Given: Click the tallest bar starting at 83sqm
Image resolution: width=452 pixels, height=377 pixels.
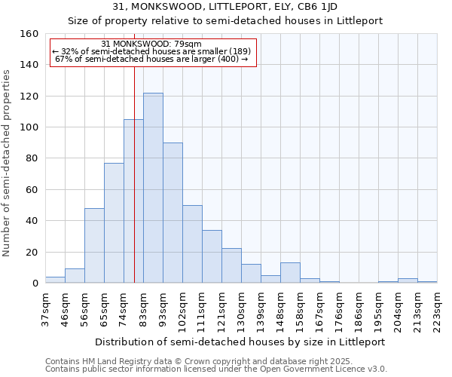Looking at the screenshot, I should coord(153,188).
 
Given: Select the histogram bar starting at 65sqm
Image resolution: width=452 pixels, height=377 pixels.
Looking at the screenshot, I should coord(114,222).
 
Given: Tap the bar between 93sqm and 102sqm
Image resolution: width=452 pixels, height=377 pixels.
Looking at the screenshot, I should coord(173,213).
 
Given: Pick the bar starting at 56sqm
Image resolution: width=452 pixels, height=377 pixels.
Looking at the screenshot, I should coord(94,245).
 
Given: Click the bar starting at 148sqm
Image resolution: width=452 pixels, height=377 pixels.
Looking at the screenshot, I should coord(290,273).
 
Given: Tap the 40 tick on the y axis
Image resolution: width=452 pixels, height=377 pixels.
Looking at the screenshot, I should coord(32,221).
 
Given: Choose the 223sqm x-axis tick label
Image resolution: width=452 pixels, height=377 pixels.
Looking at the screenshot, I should coord(438,309).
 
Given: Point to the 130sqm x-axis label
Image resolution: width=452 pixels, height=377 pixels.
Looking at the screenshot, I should coord(242,309).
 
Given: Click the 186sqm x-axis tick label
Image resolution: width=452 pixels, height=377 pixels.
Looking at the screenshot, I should coord(359,309).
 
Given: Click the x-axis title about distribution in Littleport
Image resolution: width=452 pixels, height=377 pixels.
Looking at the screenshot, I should coord(241,342).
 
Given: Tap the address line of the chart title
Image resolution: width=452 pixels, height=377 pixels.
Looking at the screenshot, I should coord(226,8).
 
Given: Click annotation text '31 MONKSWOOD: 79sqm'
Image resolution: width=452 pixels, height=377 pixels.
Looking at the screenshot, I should coord(151,44).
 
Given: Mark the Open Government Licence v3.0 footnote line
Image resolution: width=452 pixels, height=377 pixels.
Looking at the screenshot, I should coord(216,369).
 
